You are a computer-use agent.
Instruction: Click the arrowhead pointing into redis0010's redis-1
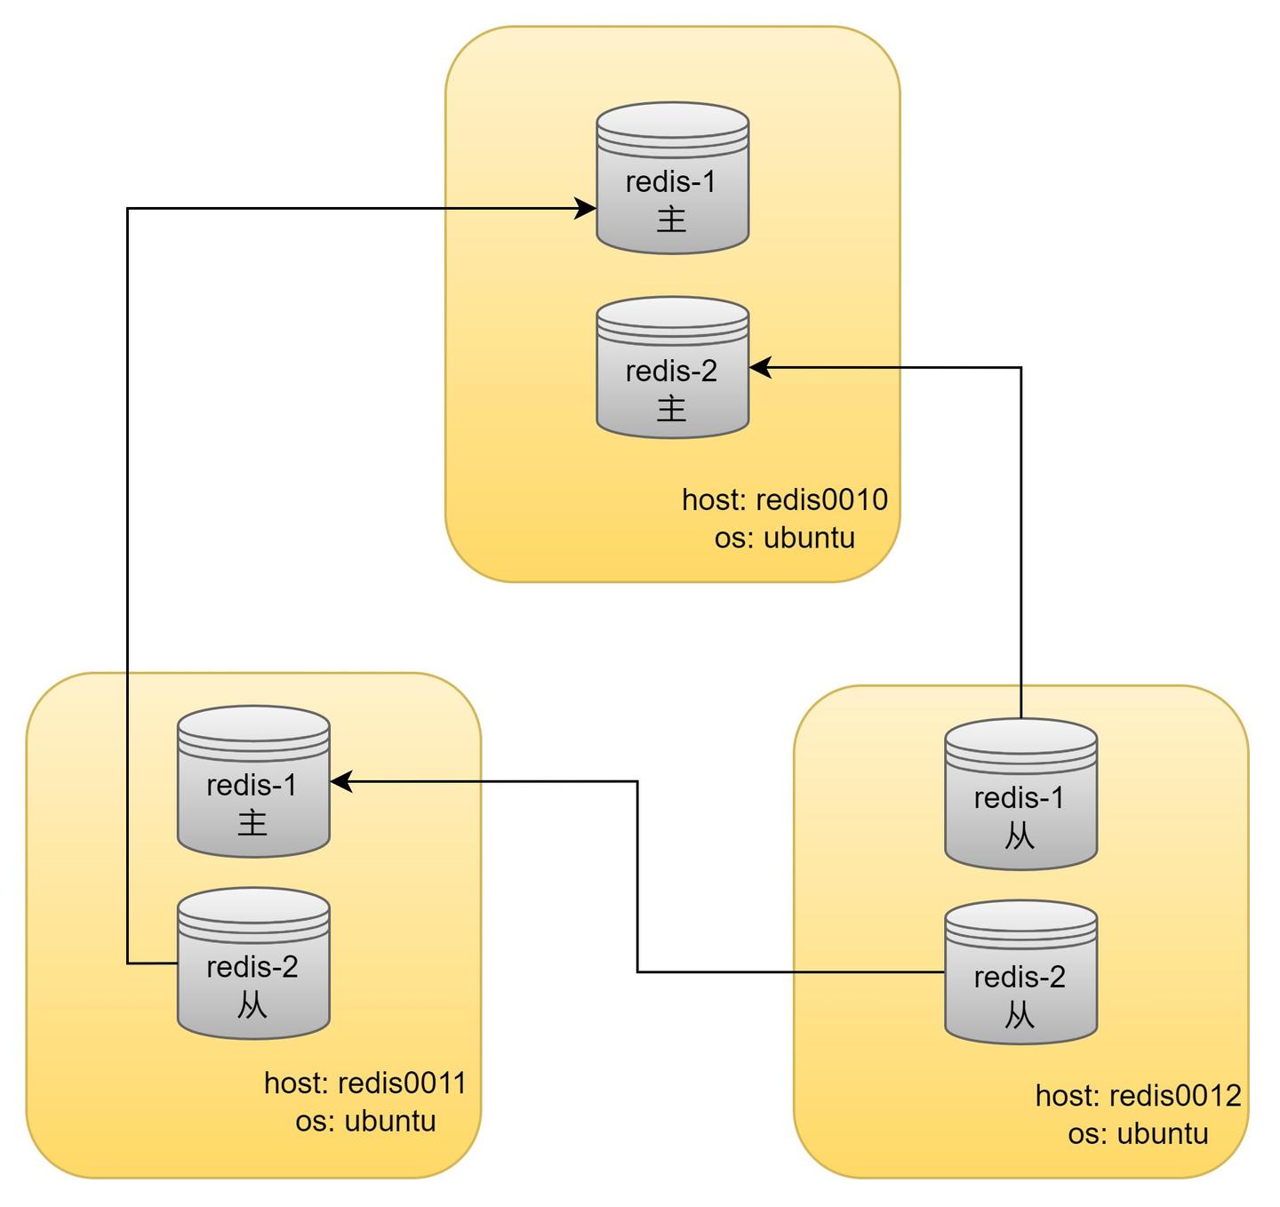coord(587,209)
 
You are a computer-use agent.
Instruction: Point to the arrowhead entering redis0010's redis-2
coord(760,367)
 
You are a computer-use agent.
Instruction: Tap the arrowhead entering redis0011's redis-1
coord(341,781)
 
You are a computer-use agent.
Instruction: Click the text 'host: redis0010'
coord(785,500)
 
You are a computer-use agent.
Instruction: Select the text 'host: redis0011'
coord(365,1083)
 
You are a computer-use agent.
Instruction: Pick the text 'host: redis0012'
coord(1138,1096)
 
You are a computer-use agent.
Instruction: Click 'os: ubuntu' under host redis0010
coord(785,539)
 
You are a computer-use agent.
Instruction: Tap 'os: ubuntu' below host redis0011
coord(365,1122)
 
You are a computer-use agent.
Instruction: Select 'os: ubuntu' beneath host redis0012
coord(1138,1134)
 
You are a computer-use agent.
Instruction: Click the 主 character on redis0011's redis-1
coord(252,822)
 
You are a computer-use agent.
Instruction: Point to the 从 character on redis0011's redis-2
coord(252,1005)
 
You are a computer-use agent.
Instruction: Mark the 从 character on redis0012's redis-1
coord(1020,835)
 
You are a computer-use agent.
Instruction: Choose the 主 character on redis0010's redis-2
coord(672,409)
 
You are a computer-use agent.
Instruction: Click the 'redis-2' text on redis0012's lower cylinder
coord(1020,978)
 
